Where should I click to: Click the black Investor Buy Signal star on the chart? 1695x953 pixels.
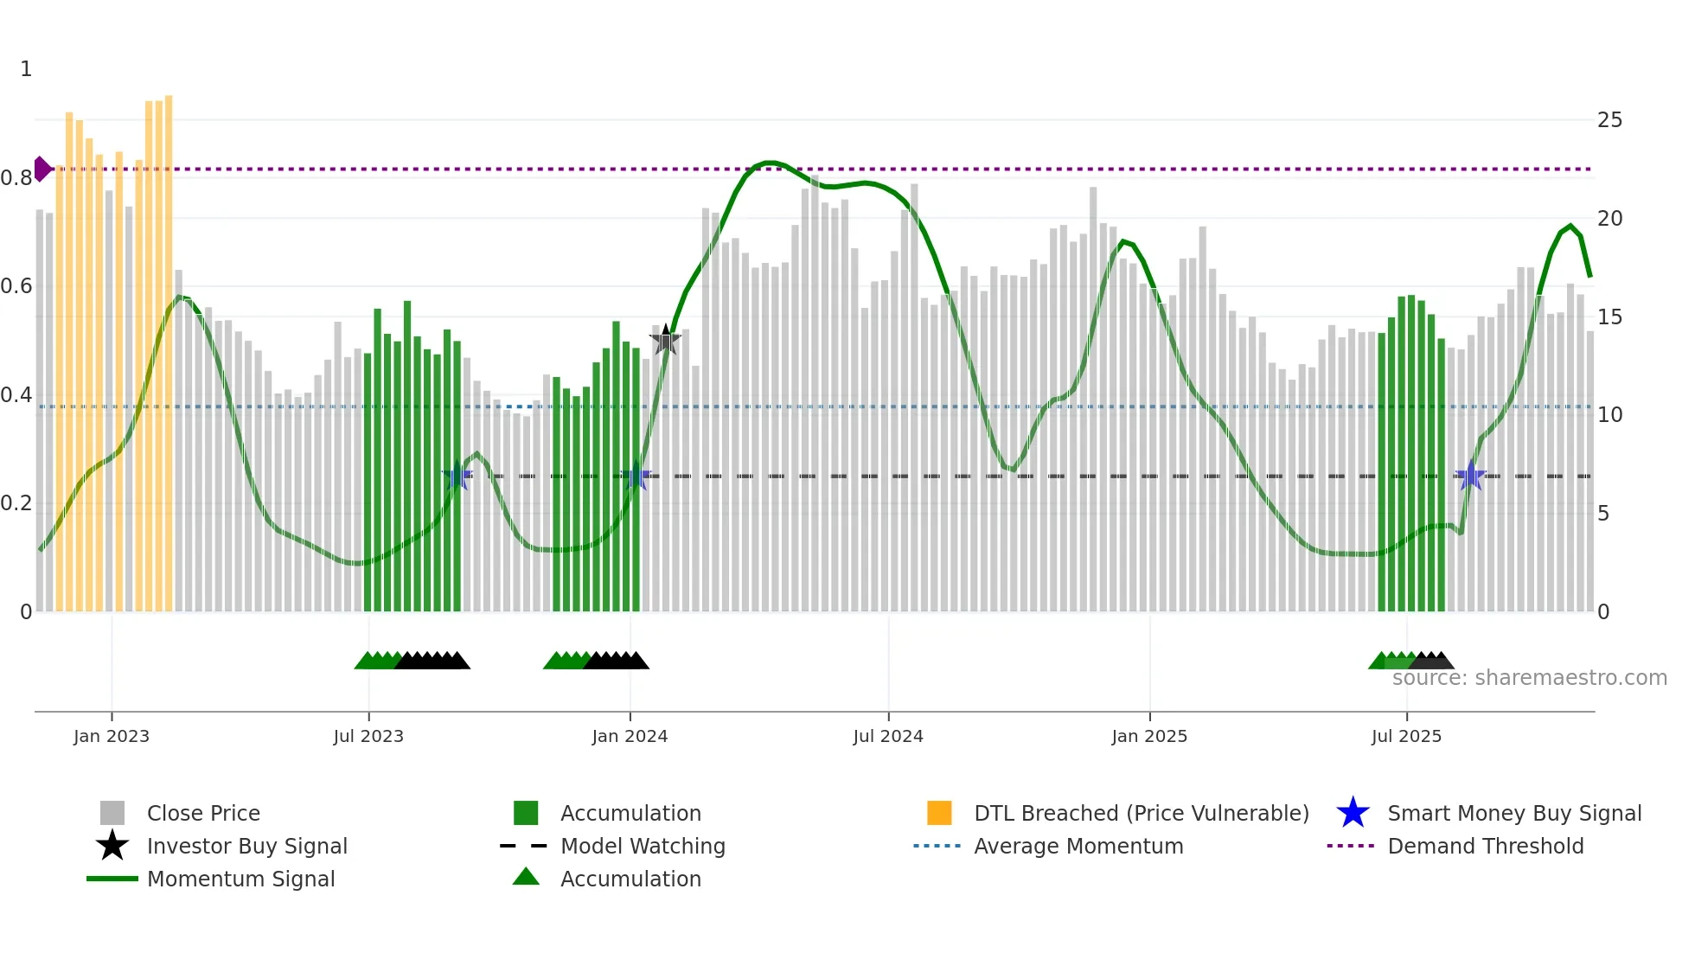point(665,341)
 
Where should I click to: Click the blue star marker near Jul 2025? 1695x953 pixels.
point(1470,476)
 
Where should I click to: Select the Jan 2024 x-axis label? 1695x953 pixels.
point(630,736)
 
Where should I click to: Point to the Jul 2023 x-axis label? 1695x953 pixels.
point(368,736)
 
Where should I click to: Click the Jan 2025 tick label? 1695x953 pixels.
point(1149,736)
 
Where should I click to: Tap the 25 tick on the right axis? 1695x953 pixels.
point(1609,120)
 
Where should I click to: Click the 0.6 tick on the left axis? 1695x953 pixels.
point(16,286)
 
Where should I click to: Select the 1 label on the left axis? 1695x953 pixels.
point(26,69)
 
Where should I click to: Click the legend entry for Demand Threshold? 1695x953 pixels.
point(1485,846)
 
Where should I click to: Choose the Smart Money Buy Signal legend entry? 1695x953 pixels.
point(1513,813)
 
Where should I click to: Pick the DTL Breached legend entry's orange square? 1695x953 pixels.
point(939,813)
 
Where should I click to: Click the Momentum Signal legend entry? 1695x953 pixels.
point(240,879)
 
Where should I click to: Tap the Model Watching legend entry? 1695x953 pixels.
point(642,846)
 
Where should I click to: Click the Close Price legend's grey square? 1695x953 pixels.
point(112,813)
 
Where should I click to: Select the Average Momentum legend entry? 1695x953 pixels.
point(1078,846)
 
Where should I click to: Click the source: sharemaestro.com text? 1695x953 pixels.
point(1529,678)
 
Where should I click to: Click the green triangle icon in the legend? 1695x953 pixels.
point(526,877)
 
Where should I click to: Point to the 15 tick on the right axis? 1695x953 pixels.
point(1609,317)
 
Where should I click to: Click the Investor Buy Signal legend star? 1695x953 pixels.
point(112,846)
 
